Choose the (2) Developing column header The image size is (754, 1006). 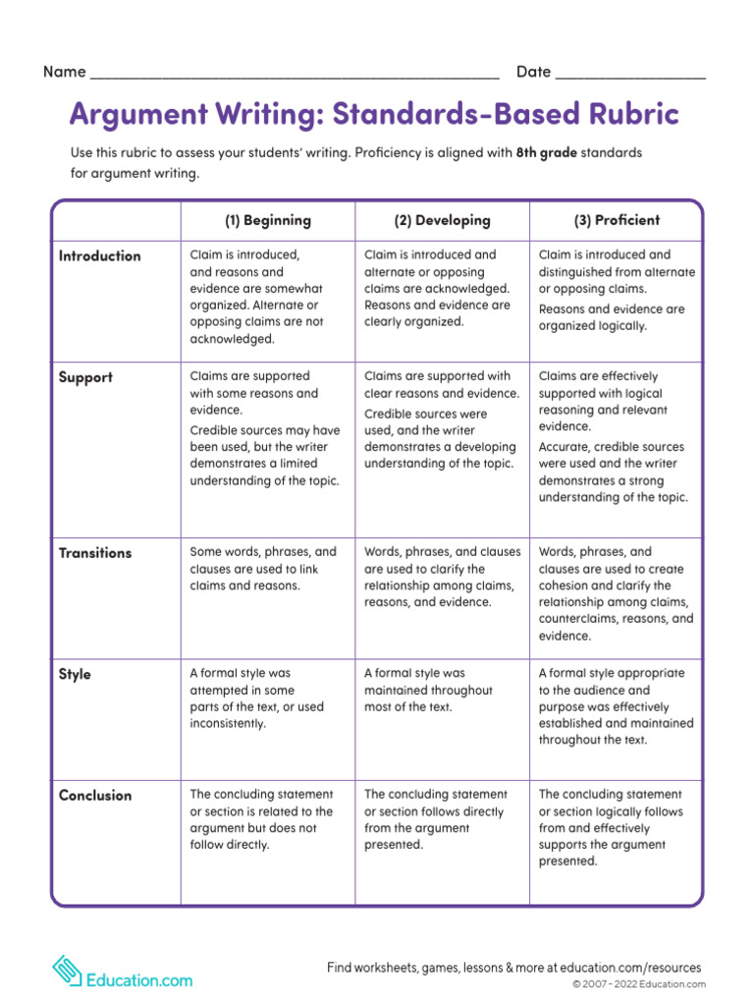click(442, 220)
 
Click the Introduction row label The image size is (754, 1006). click(100, 255)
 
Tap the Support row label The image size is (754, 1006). click(86, 377)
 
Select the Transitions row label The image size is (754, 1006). click(95, 552)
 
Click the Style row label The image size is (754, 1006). click(75, 674)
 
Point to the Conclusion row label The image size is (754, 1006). click(95, 795)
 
